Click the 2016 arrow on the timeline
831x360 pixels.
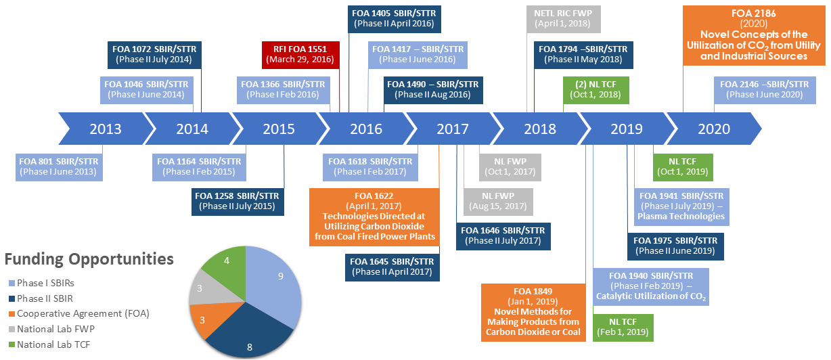coord(365,129)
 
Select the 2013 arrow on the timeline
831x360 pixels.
coord(105,129)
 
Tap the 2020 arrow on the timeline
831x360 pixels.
coord(714,129)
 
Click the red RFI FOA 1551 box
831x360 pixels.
coord(300,53)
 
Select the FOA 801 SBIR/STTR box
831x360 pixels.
coord(60,166)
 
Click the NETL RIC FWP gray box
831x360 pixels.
coord(563,18)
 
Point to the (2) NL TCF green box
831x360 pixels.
coord(596,89)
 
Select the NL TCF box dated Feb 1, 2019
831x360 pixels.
coord(622,327)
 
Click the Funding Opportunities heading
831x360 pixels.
coord(89,259)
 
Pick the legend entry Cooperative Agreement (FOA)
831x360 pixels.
coord(83,313)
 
